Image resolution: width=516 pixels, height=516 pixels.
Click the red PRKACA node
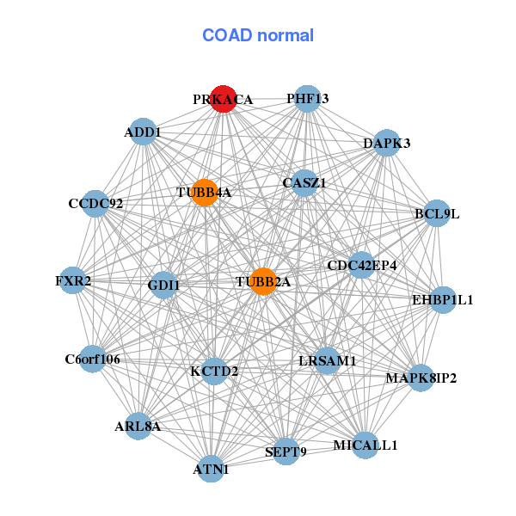223,100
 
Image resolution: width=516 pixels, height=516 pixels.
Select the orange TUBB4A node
204,192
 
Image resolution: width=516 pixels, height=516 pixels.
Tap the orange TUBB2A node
263,281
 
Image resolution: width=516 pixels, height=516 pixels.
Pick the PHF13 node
307,99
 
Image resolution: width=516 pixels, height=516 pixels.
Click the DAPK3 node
387,143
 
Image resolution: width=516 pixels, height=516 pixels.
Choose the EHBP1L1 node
443,300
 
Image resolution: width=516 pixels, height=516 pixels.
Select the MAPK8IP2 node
421,378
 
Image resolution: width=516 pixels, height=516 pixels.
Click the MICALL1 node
365,445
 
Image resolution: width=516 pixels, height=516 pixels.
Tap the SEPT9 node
286,451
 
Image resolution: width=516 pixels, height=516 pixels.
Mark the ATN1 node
211,470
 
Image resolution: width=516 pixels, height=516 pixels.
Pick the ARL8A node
138,426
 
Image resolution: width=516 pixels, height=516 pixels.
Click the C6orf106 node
92,359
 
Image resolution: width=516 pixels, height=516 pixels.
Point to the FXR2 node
73,280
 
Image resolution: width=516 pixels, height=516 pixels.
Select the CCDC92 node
95,204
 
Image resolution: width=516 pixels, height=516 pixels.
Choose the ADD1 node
142,132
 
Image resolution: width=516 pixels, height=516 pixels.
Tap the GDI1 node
163,285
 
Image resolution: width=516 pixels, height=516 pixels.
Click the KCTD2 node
214,372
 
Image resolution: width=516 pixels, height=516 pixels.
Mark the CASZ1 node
304,183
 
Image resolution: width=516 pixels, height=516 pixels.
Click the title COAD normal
258,35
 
